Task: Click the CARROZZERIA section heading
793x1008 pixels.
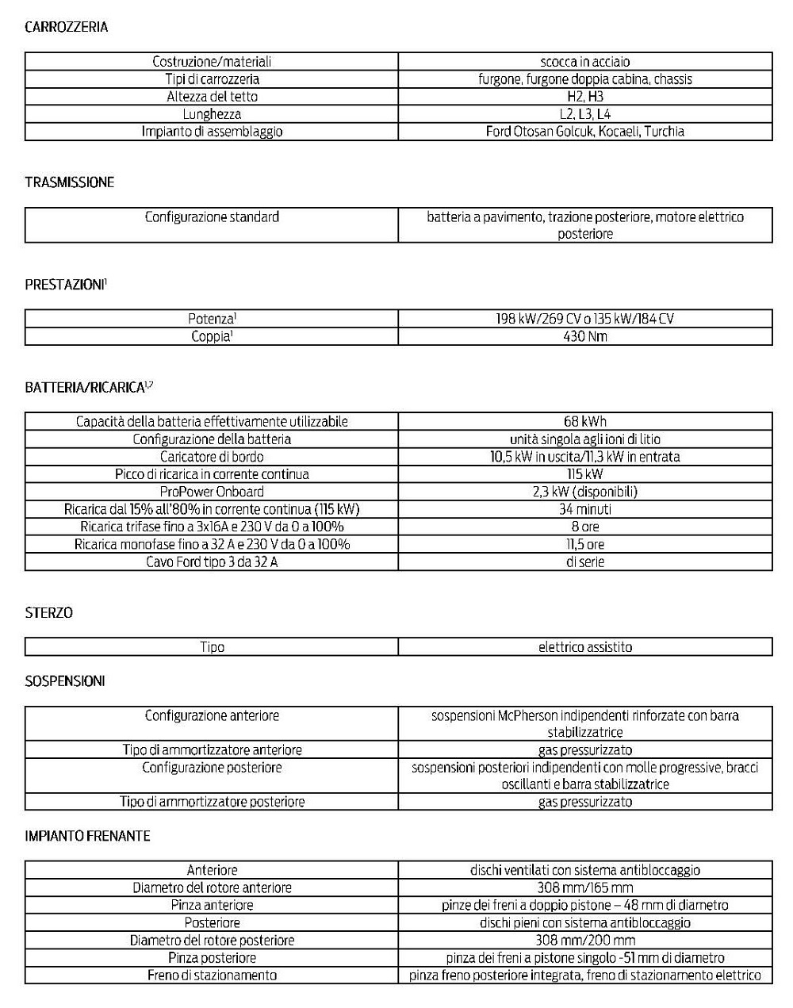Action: tap(67, 27)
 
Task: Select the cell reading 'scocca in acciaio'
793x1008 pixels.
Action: tap(585, 62)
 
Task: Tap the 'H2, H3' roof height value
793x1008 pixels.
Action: tap(585, 97)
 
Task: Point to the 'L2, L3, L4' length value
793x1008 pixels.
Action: tap(585, 114)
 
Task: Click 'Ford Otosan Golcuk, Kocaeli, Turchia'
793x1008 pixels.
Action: tap(585, 132)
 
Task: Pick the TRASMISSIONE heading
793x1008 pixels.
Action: tap(70, 182)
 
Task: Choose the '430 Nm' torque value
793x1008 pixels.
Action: tap(585, 336)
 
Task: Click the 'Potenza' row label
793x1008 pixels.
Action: tap(212, 319)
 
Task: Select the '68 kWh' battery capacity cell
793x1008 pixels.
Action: tap(585, 422)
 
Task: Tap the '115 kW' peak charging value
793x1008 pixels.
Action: tap(585, 474)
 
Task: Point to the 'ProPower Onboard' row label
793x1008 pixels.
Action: tap(212, 492)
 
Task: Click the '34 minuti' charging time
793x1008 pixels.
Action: tap(585, 509)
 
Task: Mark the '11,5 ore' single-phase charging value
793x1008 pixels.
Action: tap(585, 544)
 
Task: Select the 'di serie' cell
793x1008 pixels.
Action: tap(585, 561)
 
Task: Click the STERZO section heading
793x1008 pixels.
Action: tap(48, 613)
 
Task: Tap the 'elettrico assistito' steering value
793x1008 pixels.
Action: tap(585, 647)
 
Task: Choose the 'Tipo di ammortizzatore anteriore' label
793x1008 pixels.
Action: tap(212, 750)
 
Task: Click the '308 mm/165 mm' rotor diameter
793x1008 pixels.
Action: tap(585, 888)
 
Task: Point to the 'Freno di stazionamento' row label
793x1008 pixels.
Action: tap(212, 975)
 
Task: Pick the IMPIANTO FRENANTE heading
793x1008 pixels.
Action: tap(87, 836)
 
